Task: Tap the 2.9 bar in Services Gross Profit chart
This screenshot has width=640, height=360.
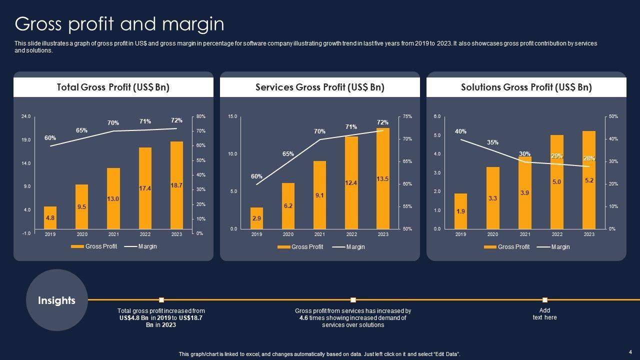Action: coord(256,218)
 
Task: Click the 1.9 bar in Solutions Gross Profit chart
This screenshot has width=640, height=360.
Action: coord(460,211)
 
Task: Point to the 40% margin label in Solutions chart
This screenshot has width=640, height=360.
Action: coord(460,131)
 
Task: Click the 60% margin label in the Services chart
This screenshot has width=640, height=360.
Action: coord(256,176)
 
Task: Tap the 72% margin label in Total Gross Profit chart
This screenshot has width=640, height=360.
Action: coord(176,120)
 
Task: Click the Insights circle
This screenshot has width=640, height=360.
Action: coord(56,300)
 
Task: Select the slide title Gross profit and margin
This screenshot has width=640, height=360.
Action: coord(119,24)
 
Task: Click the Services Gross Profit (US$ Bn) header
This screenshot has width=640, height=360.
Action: coord(320,87)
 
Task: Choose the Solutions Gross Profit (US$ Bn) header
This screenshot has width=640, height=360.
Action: coord(526,87)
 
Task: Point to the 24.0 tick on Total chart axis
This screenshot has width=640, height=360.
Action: coord(25,116)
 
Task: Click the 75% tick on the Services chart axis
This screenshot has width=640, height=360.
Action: coord(407,116)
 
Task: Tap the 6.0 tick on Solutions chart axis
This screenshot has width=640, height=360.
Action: coord(437,116)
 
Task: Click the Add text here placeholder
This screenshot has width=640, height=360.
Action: coord(544,314)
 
